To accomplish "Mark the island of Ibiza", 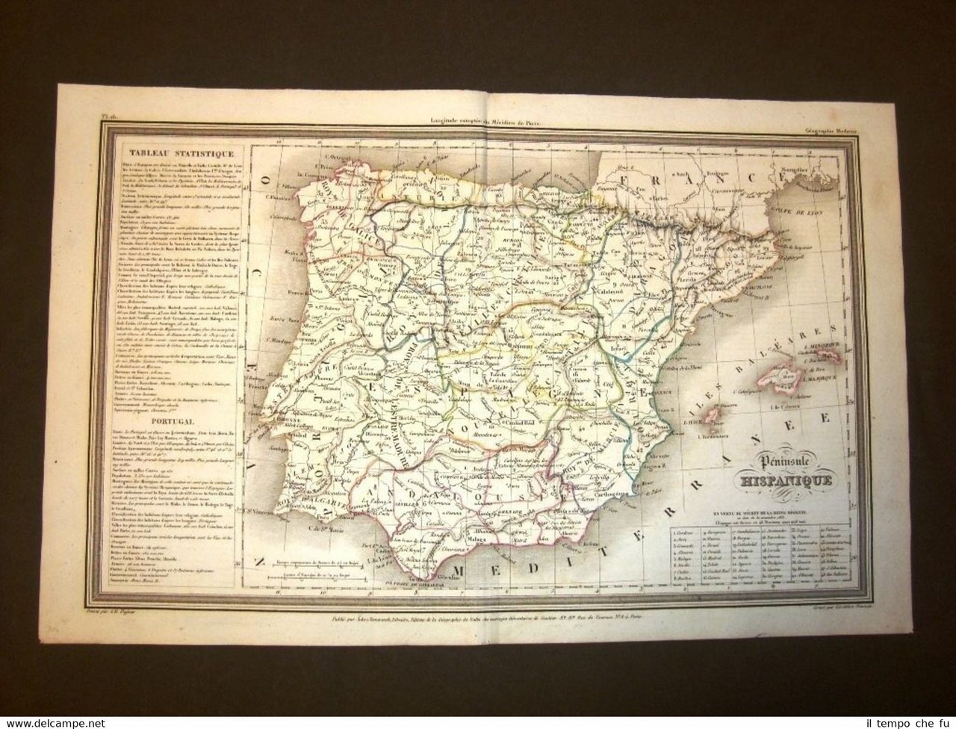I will point(714,416).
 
